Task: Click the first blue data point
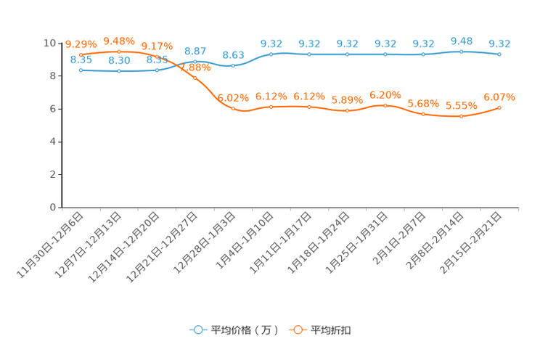click(x=81, y=70)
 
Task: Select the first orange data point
click(x=81, y=54)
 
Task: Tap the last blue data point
click(x=499, y=54)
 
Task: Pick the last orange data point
click(x=499, y=107)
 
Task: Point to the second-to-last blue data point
click(x=462, y=52)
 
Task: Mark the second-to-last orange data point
click(x=462, y=116)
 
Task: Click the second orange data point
click(x=118, y=52)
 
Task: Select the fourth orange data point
click(x=195, y=76)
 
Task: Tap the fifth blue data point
click(x=233, y=65)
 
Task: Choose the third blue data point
click(x=157, y=70)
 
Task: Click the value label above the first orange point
click(x=80, y=44)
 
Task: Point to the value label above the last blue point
click(x=499, y=44)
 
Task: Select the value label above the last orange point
click(x=499, y=97)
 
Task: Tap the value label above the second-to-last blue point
click(x=462, y=41)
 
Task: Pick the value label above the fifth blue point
click(x=233, y=55)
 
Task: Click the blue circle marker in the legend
click(x=197, y=330)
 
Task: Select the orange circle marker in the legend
click(x=298, y=330)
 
